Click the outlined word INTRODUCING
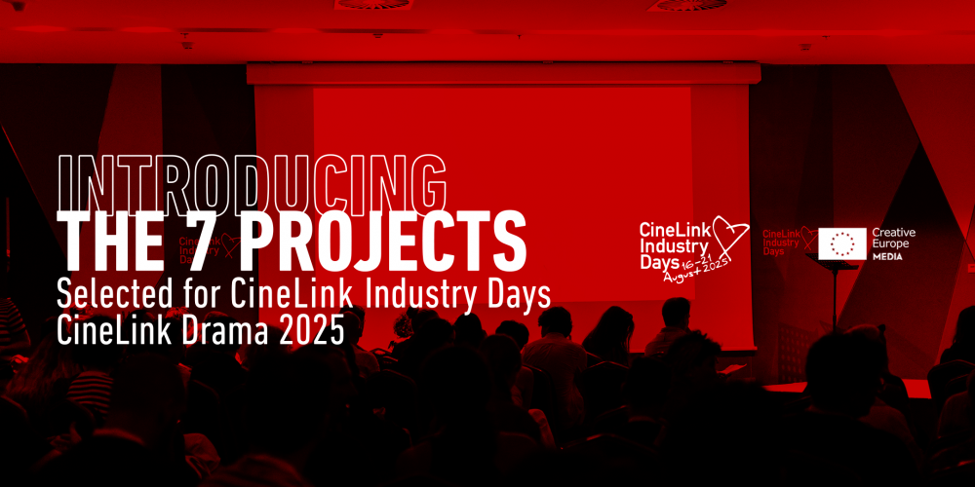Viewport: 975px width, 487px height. coord(252,183)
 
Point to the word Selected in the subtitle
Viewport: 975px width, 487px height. coord(110,296)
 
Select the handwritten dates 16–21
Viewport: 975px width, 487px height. coord(695,266)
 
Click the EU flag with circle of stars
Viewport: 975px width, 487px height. coord(842,243)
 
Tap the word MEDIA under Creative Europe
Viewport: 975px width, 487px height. coord(888,256)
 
